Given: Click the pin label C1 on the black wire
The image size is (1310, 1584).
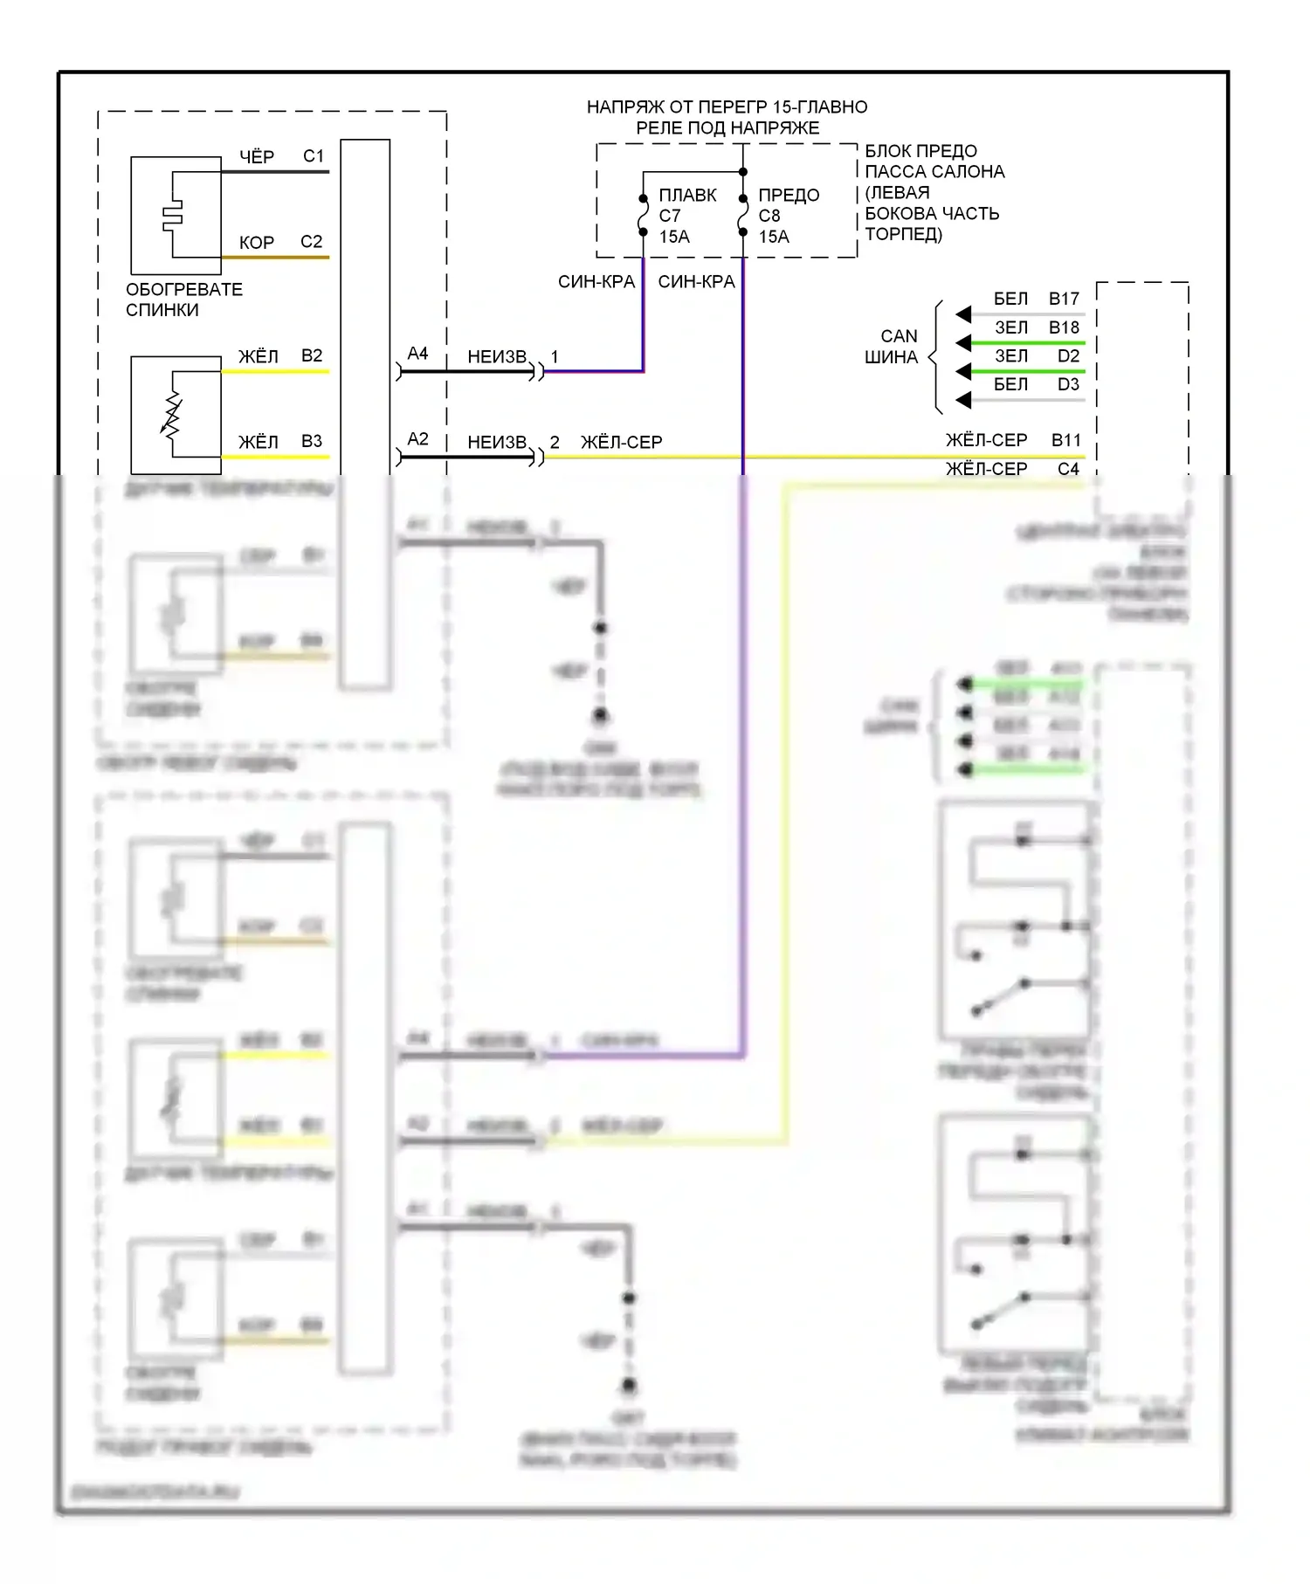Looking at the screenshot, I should (x=313, y=156).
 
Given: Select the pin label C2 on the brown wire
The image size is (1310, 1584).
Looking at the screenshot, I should (x=311, y=242).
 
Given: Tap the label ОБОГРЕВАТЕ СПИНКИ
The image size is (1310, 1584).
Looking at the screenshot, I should (x=183, y=300).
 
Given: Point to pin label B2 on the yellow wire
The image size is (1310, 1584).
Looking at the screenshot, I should (x=311, y=355).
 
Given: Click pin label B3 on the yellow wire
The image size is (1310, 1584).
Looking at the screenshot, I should (x=311, y=441).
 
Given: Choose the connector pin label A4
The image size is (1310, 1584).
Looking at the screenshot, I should (x=417, y=354).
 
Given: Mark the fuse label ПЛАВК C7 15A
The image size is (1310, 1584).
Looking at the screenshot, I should (x=686, y=216).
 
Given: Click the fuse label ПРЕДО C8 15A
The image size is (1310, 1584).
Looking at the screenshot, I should (x=788, y=216).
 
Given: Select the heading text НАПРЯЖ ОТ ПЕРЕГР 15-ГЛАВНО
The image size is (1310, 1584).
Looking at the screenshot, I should (x=727, y=107).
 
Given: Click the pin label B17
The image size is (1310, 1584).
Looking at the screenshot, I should (x=1064, y=299).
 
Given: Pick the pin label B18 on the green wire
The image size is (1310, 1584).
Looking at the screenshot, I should (x=1064, y=327).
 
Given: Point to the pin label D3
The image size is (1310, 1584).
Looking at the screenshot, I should (x=1067, y=384).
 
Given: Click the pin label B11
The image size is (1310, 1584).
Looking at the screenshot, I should (x=1065, y=440).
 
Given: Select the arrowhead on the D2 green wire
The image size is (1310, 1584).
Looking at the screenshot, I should (x=963, y=372).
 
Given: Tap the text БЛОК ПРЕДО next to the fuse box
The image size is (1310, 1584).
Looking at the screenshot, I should (x=920, y=151).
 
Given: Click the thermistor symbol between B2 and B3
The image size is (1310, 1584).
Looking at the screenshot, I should (x=172, y=414).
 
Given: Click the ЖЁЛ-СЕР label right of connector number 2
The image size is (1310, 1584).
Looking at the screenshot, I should (x=621, y=443).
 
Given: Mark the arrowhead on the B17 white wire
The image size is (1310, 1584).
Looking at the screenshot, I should (x=963, y=314).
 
